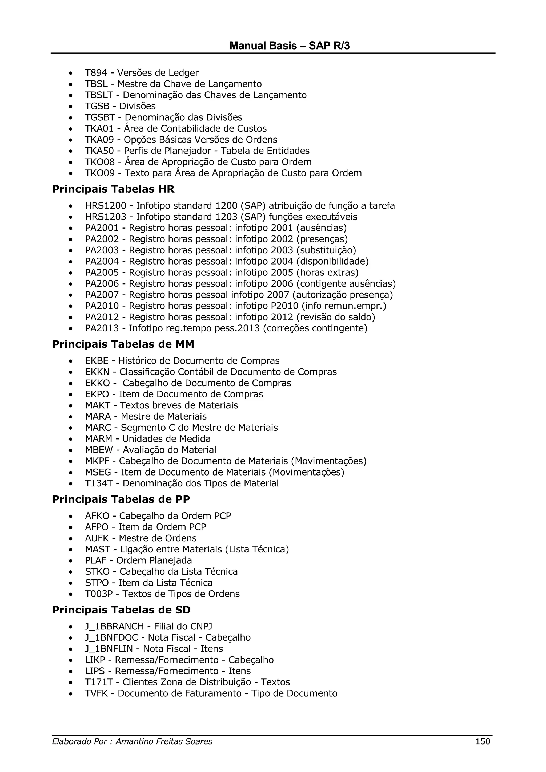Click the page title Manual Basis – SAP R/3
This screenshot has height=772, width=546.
[x=289, y=46]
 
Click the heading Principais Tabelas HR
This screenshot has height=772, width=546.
[x=113, y=189]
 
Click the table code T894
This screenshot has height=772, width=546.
[x=96, y=73]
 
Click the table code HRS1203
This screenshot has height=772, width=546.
[x=106, y=217]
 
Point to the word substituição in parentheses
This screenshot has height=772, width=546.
[x=327, y=250]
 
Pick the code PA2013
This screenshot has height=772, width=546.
[x=102, y=328]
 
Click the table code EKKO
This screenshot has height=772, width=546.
[x=98, y=383]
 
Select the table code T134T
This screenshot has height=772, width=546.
[x=99, y=483]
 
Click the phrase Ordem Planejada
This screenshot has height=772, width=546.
[x=154, y=560]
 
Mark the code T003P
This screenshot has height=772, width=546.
[x=99, y=594]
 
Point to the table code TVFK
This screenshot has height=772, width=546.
[x=96, y=693]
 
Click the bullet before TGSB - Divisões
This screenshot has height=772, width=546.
[x=70, y=107]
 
